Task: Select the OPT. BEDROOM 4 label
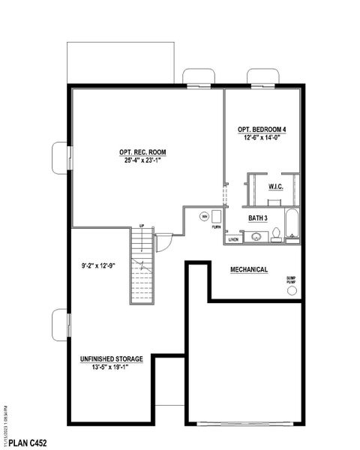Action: [x=262, y=128]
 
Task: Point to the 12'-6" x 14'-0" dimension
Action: [x=262, y=137]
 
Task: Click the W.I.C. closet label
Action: [x=275, y=187]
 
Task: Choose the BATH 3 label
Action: [x=262, y=218]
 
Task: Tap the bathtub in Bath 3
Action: [x=292, y=226]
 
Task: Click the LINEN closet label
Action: [x=233, y=240]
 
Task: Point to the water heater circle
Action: [x=203, y=217]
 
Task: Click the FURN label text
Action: [x=216, y=226]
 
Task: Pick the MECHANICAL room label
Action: [x=249, y=269]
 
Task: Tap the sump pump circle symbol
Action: [x=292, y=290]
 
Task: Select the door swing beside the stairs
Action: [x=163, y=244]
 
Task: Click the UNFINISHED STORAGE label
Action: [x=111, y=359]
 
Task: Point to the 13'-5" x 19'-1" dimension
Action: [x=111, y=368]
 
